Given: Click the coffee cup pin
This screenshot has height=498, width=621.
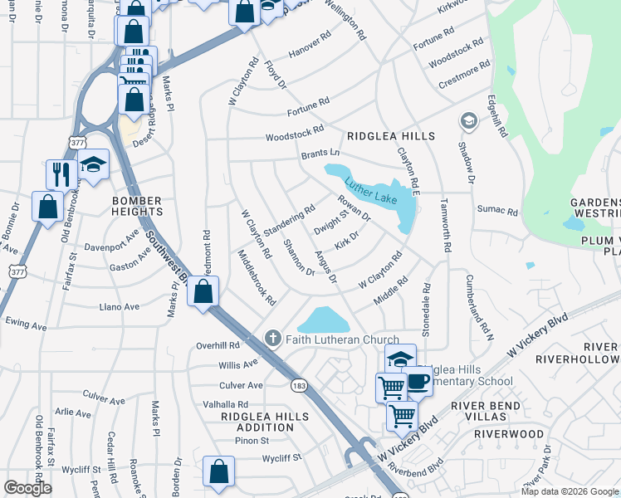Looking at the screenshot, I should [418, 382].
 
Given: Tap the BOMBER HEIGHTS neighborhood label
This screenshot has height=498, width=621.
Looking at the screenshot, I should [137, 207].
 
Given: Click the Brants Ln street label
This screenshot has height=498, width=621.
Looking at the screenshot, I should [320, 154].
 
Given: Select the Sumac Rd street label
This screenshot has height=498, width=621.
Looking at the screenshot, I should [496, 212].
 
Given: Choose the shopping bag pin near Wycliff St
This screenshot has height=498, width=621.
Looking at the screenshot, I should [218, 471].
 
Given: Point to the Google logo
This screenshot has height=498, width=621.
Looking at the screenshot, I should [27, 487].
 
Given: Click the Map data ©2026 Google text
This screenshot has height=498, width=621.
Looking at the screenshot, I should [569, 491].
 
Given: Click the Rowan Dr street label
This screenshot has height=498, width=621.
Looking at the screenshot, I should [354, 208].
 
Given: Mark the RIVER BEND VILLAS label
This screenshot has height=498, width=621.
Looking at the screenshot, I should [486, 412].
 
